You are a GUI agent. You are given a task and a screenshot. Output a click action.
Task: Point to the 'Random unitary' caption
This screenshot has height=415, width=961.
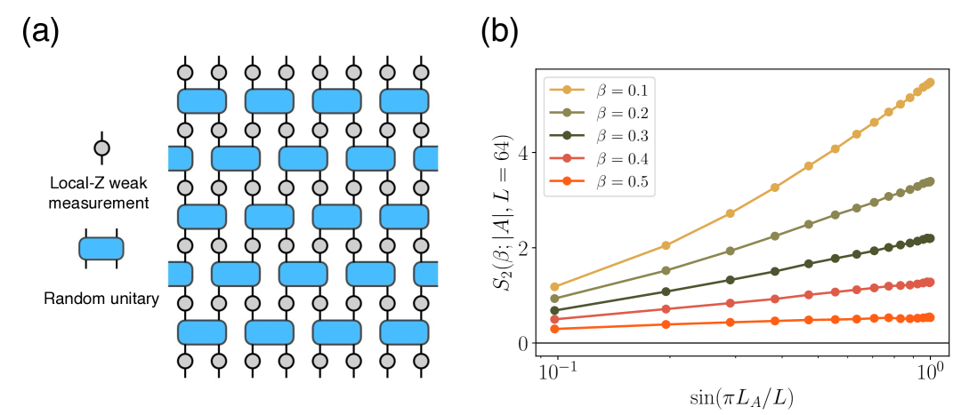100,299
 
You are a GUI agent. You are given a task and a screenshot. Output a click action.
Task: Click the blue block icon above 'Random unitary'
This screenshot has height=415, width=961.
101,250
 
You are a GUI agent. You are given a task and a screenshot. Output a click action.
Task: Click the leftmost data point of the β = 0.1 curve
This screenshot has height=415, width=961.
555,287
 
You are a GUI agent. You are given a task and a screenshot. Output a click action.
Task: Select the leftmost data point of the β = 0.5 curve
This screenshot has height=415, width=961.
555,329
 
